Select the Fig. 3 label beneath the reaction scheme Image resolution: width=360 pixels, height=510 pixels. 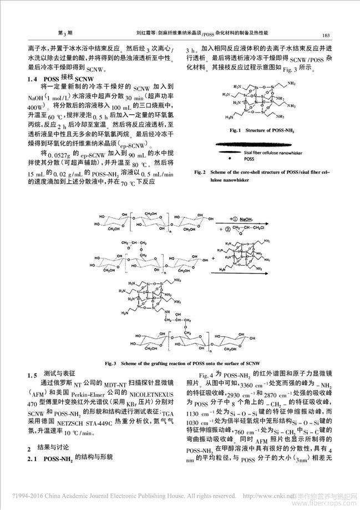click(126, 362)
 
